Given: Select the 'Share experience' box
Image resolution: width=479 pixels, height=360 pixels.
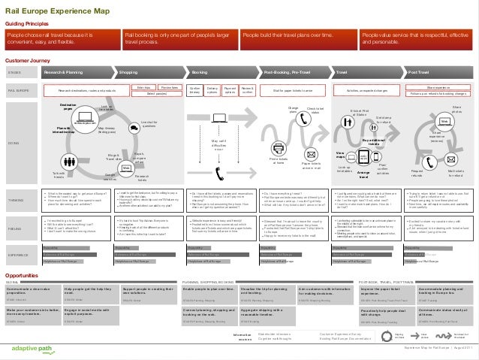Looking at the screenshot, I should (438, 88).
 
